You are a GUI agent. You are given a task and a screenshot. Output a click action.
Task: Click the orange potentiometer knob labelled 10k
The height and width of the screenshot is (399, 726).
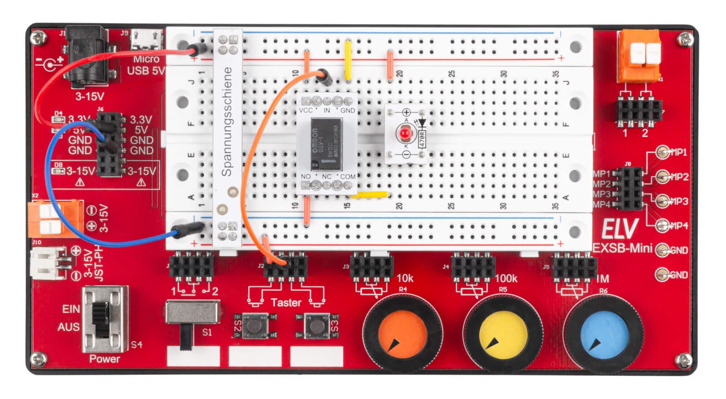(402, 332)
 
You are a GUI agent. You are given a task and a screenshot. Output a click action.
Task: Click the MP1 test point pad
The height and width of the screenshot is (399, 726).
(663, 152)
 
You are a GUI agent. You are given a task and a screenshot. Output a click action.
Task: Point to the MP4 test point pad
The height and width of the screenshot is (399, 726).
(663, 225)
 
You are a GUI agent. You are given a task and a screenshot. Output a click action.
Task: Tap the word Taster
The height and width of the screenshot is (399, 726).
(285, 302)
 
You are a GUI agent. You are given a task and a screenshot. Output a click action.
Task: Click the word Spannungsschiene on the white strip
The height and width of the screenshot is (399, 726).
(227, 122)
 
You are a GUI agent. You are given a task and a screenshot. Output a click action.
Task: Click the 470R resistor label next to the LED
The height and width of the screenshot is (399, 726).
(422, 138)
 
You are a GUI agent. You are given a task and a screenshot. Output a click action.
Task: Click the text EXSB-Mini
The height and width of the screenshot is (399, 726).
(623, 248)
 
